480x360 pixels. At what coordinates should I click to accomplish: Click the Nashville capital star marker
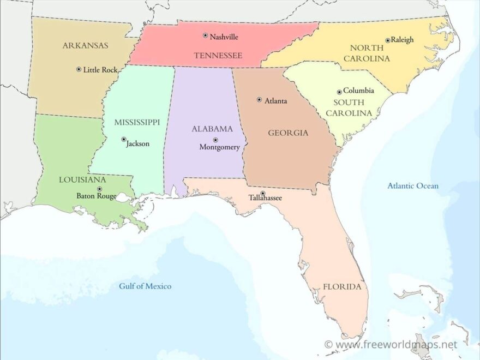pyautogui.click(x=206, y=35)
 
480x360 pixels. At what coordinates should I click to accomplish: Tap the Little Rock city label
pyautogui.click(x=100, y=70)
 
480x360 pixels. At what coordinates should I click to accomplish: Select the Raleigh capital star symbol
pyautogui.click(x=388, y=40)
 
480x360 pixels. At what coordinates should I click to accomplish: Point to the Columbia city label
pyautogui.click(x=358, y=91)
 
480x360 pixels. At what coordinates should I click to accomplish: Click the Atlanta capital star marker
pyautogui.click(x=259, y=100)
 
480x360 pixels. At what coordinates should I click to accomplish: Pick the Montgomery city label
pyautogui.click(x=219, y=147)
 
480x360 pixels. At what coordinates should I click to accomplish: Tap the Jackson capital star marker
pyautogui.click(x=124, y=139)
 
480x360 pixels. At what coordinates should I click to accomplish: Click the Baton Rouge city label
pyautogui.click(x=96, y=196)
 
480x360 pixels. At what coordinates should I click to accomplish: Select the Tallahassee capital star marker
pyautogui.click(x=262, y=193)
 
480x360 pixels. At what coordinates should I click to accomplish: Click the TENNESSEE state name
pyautogui.click(x=218, y=56)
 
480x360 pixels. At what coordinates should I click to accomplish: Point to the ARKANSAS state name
pyautogui.click(x=85, y=45)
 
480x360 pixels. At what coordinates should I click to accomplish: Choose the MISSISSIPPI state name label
pyautogui.click(x=137, y=122)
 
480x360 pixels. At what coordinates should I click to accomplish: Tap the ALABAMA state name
pyautogui.click(x=212, y=129)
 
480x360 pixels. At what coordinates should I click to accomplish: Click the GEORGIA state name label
pyautogui.click(x=288, y=133)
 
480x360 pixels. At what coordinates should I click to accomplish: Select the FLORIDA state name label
pyautogui.click(x=342, y=286)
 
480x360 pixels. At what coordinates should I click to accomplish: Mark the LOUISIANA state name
pyautogui.click(x=82, y=179)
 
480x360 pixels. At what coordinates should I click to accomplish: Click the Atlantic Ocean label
pyautogui.click(x=413, y=186)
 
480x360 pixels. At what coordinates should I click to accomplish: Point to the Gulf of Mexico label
pyautogui.click(x=145, y=286)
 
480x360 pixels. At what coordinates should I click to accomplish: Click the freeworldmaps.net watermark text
pyautogui.click(x=395, y=345)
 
